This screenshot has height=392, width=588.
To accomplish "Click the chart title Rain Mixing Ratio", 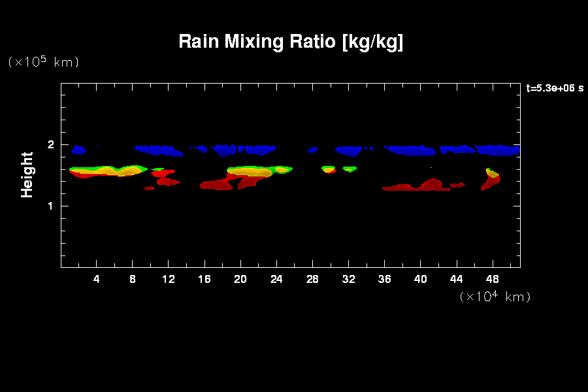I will (x=291, y=42).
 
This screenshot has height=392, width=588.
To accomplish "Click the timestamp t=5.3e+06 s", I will (x=555, y=88).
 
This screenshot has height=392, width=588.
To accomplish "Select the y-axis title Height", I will (x=27, y=174).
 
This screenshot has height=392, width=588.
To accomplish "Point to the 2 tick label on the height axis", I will (x=50, y=145).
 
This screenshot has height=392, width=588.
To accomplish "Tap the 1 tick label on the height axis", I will (x=50, y=206).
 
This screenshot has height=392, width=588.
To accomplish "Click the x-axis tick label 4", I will (x=97, y=279).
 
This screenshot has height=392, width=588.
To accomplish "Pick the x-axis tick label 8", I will (x=133, y=279).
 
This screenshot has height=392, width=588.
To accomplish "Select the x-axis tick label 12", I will (x=169, y=279).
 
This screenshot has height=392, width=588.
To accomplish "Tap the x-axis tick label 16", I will (x=204, y=279).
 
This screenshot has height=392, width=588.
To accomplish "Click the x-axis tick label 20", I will (x=240, y=279).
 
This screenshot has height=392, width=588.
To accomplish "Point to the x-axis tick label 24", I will (x=276, y=279).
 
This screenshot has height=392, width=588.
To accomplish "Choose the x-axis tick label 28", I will (x=312, y=279).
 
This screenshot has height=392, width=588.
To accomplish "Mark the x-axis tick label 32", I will (x=348, y=279).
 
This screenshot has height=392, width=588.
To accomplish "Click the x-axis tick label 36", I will (x=384, y=279).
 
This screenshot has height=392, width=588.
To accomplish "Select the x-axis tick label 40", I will (x=420, y=279).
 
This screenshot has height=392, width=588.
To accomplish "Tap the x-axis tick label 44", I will (x=456, y=279).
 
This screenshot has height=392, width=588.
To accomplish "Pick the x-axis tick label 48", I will (x=492, y=279).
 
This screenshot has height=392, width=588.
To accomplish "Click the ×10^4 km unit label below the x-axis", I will (x=495, y=297).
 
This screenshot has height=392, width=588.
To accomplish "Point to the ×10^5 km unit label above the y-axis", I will (x=43, y=62).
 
